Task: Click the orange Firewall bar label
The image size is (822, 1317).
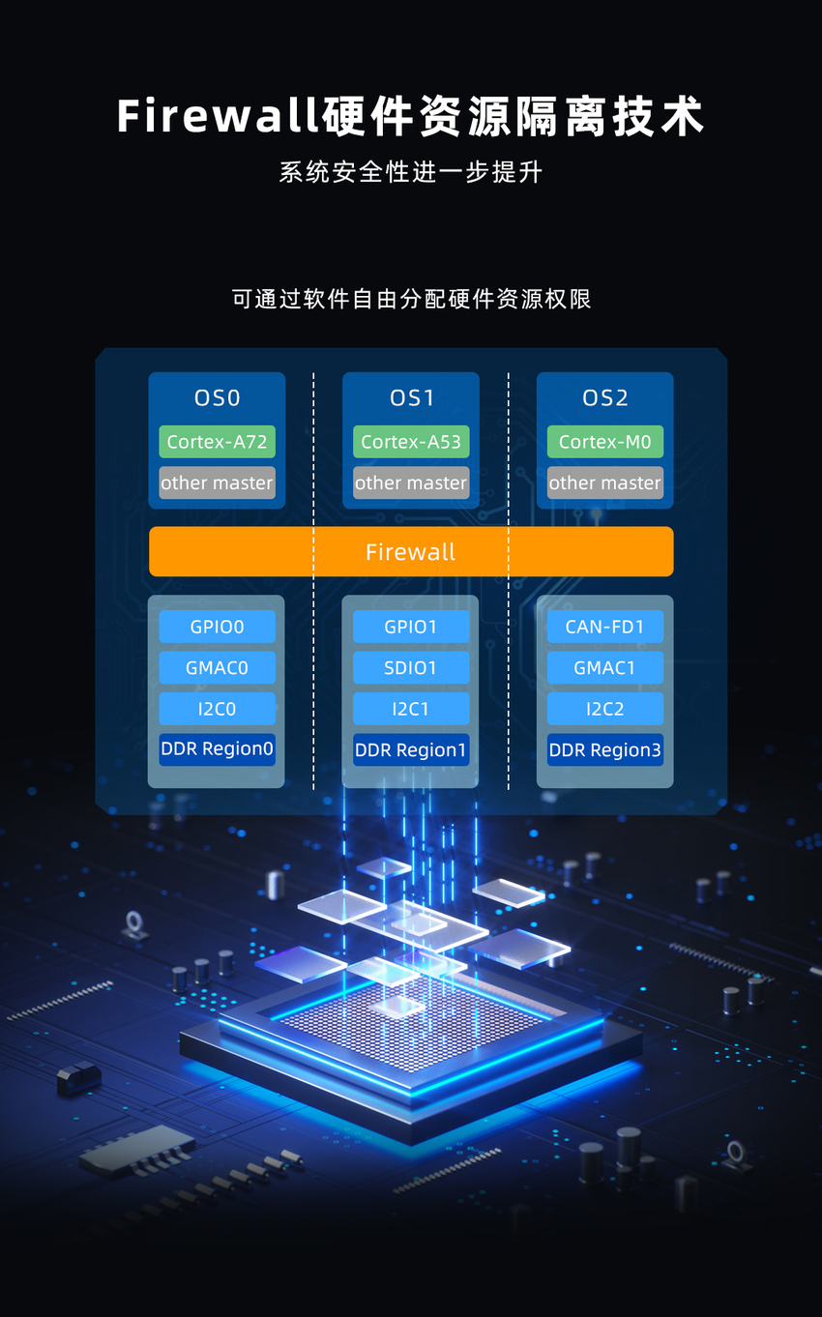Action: coord(410,552)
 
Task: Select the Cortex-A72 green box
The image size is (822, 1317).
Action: coord(217,442)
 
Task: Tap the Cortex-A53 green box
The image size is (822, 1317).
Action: coord(411,442)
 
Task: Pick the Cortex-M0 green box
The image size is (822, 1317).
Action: coord(605,442)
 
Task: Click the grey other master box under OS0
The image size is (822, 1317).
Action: coord(217,483)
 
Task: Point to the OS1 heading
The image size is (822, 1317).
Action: coord(412,398)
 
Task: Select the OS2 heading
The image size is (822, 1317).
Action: coord(605,398)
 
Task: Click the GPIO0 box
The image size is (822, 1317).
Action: coord(217,627)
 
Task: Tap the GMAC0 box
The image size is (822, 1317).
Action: coord(217,668)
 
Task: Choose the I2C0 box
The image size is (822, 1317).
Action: coord(217,709)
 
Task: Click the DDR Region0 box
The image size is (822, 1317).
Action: coord(217,749)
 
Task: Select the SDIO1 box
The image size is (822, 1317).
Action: coord(411,668)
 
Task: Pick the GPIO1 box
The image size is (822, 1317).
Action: coord(411,627)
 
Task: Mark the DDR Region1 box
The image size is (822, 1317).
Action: coord(411,749)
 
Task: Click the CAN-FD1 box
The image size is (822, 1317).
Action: coord(605,627)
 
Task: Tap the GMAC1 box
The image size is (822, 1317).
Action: coord(605,668)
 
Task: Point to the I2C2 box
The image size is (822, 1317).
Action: coord(605,709)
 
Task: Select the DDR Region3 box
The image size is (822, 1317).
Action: coord(605,749)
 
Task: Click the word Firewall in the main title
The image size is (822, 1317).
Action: coord(219,116)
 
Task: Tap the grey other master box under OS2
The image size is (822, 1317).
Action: coord(605,483)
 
